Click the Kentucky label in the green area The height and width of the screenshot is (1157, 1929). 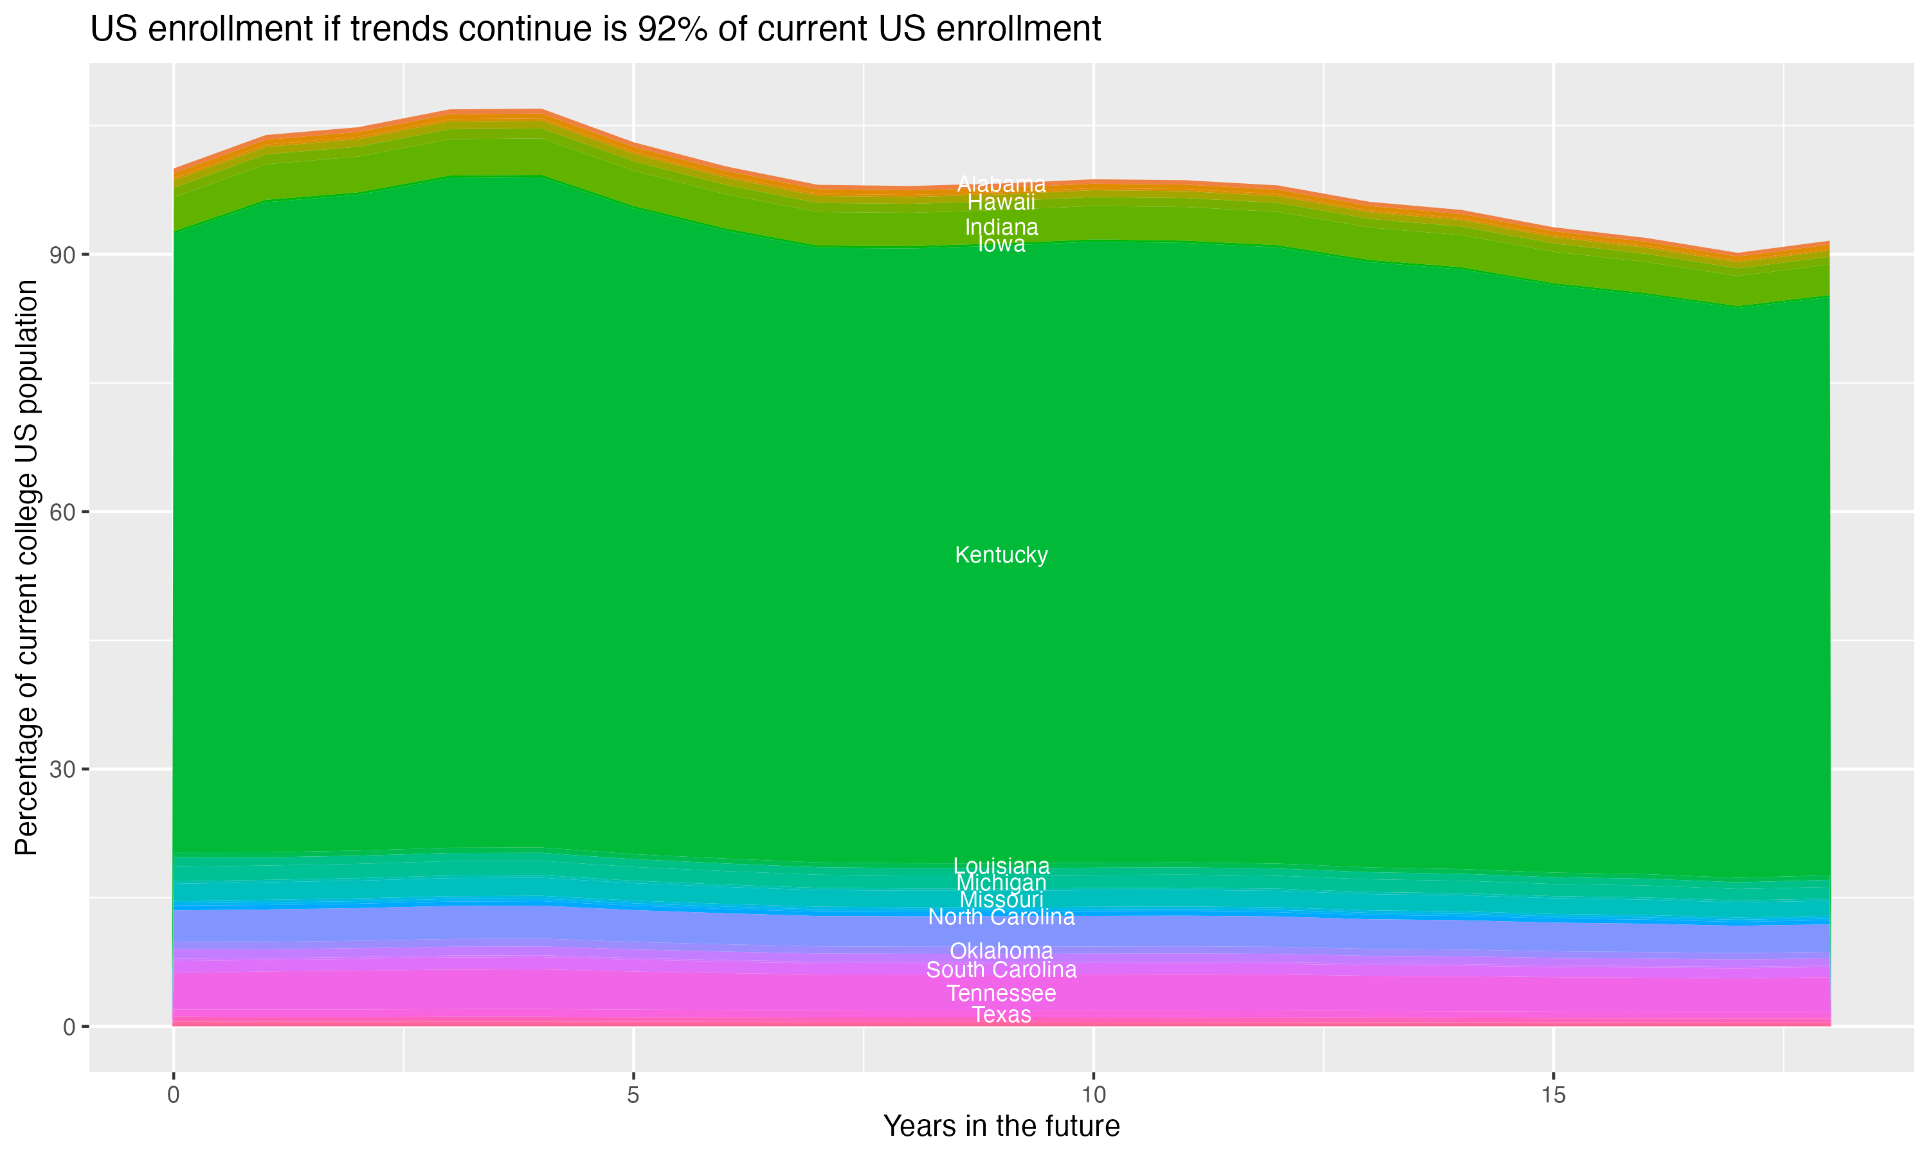[1001, 555]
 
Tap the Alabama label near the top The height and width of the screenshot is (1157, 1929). [1001, 184]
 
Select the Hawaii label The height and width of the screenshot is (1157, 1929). [1001, 202]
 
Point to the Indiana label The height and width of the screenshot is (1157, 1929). [1001, 228]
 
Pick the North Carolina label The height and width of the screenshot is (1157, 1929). [1001, 917]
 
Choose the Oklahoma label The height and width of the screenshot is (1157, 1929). [1001, 951]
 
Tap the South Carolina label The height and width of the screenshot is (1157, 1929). [1001, 970]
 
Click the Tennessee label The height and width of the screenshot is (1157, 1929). [1001, 993]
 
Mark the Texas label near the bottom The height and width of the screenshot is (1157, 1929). [1001, 1014]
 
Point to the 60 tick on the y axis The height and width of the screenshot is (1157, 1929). [62, 512]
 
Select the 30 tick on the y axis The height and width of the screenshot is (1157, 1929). [62, 769]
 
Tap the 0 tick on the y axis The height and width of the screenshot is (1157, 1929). [69, 1027]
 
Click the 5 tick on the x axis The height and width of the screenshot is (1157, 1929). [633, 1095]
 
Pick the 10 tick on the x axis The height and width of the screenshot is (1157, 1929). [1093, 1095]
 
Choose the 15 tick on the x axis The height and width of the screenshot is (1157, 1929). [1553, 1095]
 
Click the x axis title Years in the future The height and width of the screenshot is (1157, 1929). [1001, 1127]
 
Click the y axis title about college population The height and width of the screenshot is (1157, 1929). [26, 567]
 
